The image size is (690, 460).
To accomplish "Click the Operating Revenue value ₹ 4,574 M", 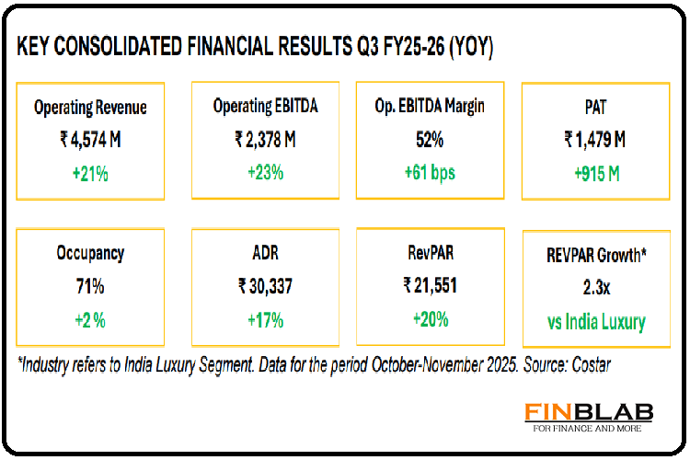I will point(90,140).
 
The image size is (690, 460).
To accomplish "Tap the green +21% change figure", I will point(90,172).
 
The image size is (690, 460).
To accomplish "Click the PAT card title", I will point(594,108).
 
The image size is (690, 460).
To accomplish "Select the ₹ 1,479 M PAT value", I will point(594,140).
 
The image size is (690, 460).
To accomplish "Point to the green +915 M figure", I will point(594,172).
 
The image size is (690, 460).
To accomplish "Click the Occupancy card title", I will point(90,253).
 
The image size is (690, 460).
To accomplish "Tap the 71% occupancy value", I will point(90,286).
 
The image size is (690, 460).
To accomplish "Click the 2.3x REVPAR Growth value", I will point(594,287).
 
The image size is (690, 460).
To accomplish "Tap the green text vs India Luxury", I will point(594,322).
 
